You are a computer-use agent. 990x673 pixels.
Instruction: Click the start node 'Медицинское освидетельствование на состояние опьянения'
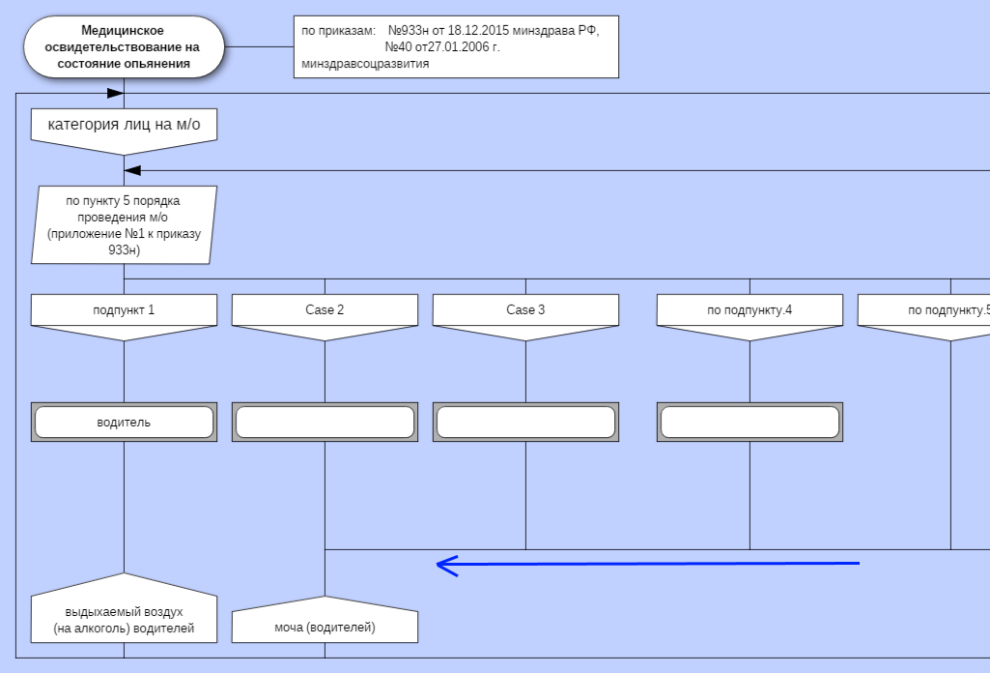click(123, 47)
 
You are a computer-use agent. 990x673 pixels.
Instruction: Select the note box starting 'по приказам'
click(456, 46)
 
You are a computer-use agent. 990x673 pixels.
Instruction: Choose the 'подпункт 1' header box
click(124, 310)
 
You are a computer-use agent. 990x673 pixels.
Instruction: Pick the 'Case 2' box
click(325, 310)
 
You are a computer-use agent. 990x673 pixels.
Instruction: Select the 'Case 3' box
click(525, 310)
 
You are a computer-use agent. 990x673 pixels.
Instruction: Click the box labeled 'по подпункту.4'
click(750, 310)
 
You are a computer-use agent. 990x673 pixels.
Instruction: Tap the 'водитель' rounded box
click(124, 423)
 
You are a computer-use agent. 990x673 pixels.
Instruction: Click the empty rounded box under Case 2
click(325, 423)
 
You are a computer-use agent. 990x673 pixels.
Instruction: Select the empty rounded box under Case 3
click(525, 423)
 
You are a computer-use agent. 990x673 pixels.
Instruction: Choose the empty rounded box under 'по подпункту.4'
click(750, 423)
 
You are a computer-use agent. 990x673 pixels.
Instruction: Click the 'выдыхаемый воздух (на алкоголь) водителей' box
click(124, 620)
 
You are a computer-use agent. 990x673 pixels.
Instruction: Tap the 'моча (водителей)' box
click(325, 627)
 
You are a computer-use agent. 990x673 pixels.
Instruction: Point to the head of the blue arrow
click(440, 565)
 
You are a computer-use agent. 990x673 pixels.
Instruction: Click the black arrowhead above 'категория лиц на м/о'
click(115, 94)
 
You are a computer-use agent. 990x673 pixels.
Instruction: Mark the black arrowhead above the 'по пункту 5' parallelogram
click(133, 171)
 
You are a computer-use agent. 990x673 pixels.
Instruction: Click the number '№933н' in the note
click(410, 31)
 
